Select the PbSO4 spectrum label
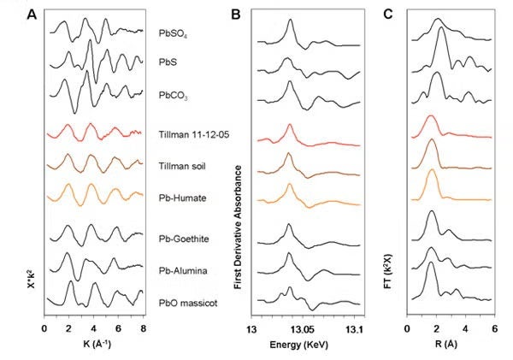point(174,33)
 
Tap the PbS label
point(168,62)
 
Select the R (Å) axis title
point(450,345)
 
